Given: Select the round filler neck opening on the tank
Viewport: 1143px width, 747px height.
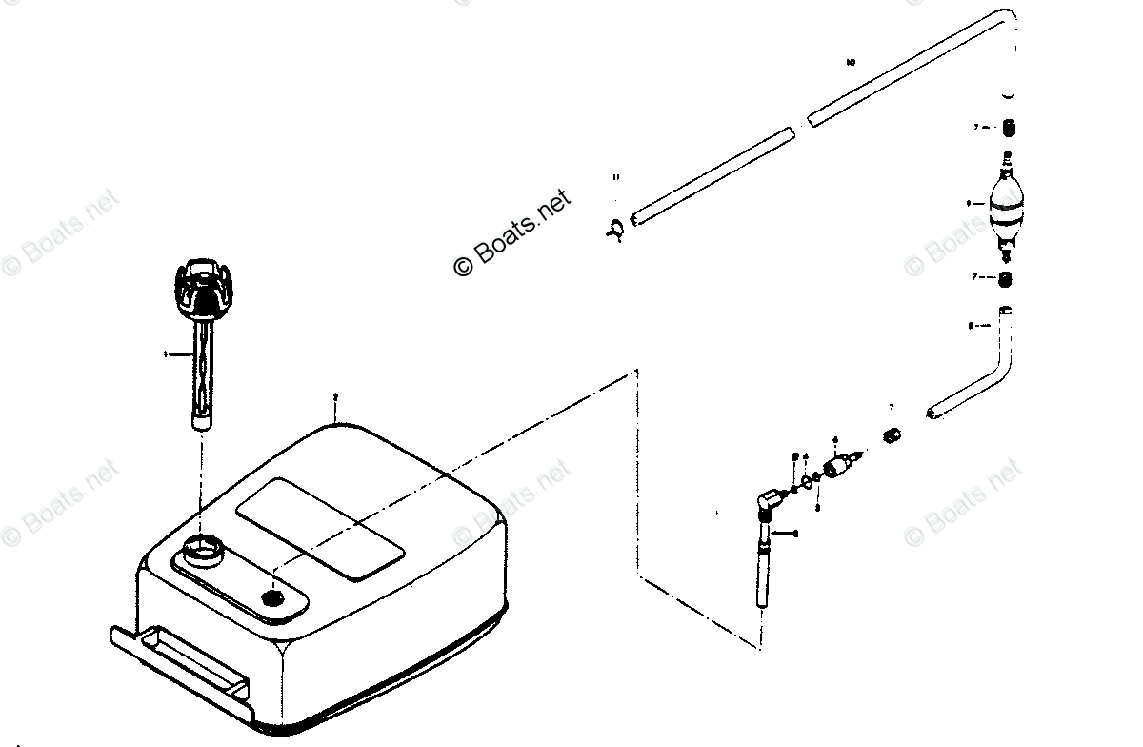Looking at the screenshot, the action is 202,550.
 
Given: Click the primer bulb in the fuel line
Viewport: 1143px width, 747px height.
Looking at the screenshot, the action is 1002,210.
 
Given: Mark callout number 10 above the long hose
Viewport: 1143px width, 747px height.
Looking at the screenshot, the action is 851,63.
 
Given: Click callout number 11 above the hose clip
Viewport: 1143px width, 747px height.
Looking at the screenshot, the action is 616,178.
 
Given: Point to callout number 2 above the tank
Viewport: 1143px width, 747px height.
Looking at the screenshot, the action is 334,394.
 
